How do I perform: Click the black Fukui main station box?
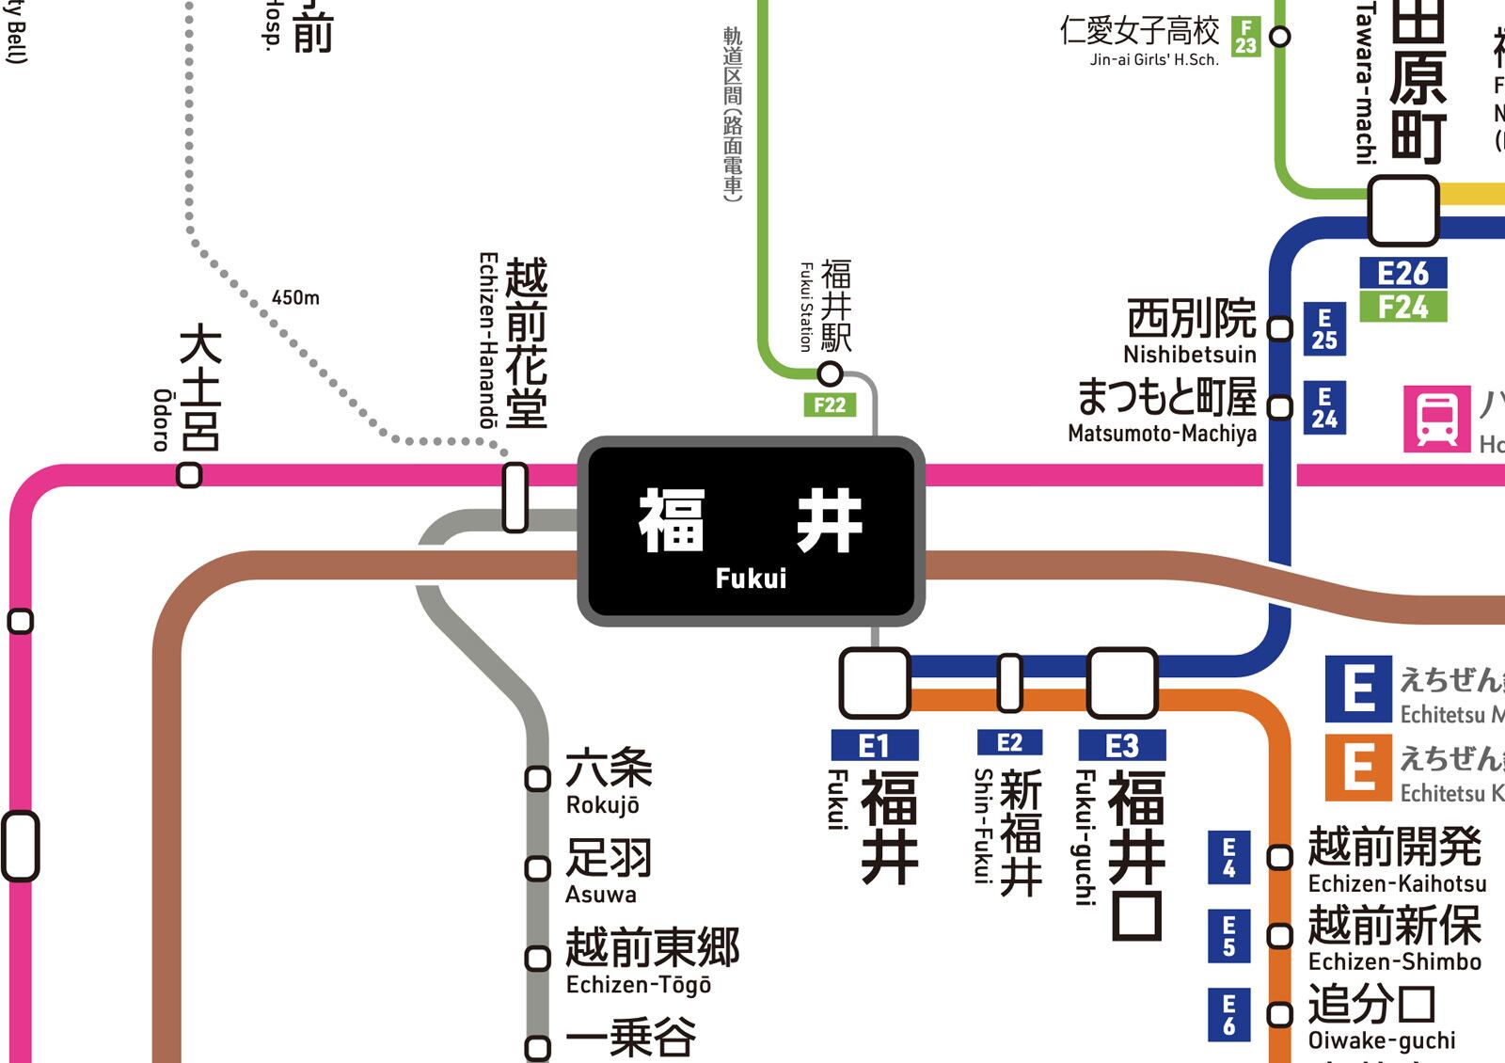coord(751,531)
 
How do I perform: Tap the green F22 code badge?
coord(830,405)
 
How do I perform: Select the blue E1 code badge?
coord(874,745)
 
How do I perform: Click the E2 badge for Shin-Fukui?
coord(1009,742)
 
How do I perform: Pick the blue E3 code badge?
coord(1121,745)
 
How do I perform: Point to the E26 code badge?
coord(1402,273)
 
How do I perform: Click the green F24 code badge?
coord(1402,307)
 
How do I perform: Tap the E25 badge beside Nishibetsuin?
coord(1323,329)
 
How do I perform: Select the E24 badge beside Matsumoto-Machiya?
coord(1323,407)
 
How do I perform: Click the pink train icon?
coord(1436,419)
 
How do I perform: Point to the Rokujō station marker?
coord(537,779)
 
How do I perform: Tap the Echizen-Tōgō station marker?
coord(537,958)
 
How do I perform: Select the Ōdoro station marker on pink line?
coord(189,476)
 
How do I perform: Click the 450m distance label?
coord(295,298)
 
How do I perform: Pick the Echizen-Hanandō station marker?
coord(515,497)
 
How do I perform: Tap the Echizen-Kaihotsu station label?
coord(1396,859)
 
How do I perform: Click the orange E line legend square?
coord(1358,768)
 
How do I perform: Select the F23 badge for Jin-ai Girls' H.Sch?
coord(1245,37)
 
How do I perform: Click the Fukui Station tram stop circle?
coord(830,373)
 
